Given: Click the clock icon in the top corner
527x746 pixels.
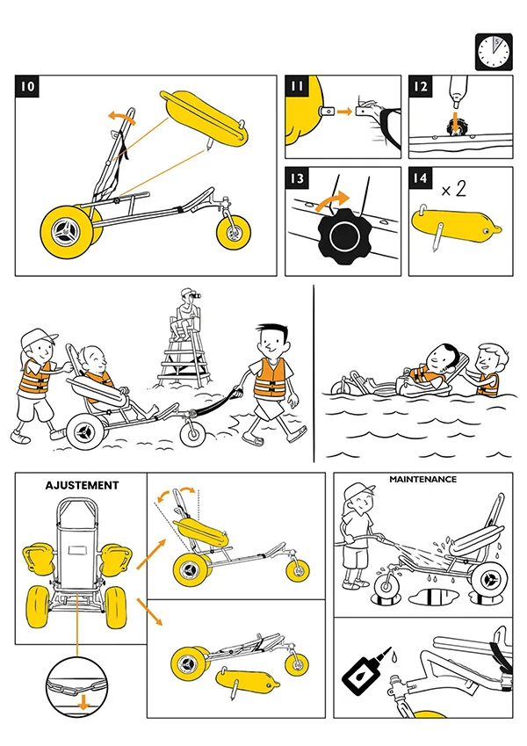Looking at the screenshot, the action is pos(494,52).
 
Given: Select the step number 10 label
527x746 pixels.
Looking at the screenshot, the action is pos(27,87).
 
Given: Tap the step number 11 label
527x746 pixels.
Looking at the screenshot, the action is pos(297,87).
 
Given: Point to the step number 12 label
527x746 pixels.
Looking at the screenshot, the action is pos(421,87).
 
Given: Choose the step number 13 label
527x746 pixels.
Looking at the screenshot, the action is pos(297,178).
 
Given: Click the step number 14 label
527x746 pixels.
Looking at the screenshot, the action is pos(421,178).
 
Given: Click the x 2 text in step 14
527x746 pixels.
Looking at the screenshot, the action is pos(454,189).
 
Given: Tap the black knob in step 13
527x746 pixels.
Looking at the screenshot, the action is pos(343,236).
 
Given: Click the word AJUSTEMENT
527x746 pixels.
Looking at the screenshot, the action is pos(82,485).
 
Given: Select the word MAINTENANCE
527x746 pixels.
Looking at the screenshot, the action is pos(422,479).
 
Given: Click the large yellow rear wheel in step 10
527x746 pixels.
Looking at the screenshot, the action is pos(67,232).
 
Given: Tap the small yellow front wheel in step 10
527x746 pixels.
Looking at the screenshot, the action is pos(234,231).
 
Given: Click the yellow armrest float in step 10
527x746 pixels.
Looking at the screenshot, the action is pos(205,118).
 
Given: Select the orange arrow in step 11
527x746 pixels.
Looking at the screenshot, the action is pos(344,112).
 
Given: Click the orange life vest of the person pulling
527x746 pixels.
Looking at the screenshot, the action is pos(270,378).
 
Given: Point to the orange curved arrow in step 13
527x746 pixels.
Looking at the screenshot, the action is pos(332,199).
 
